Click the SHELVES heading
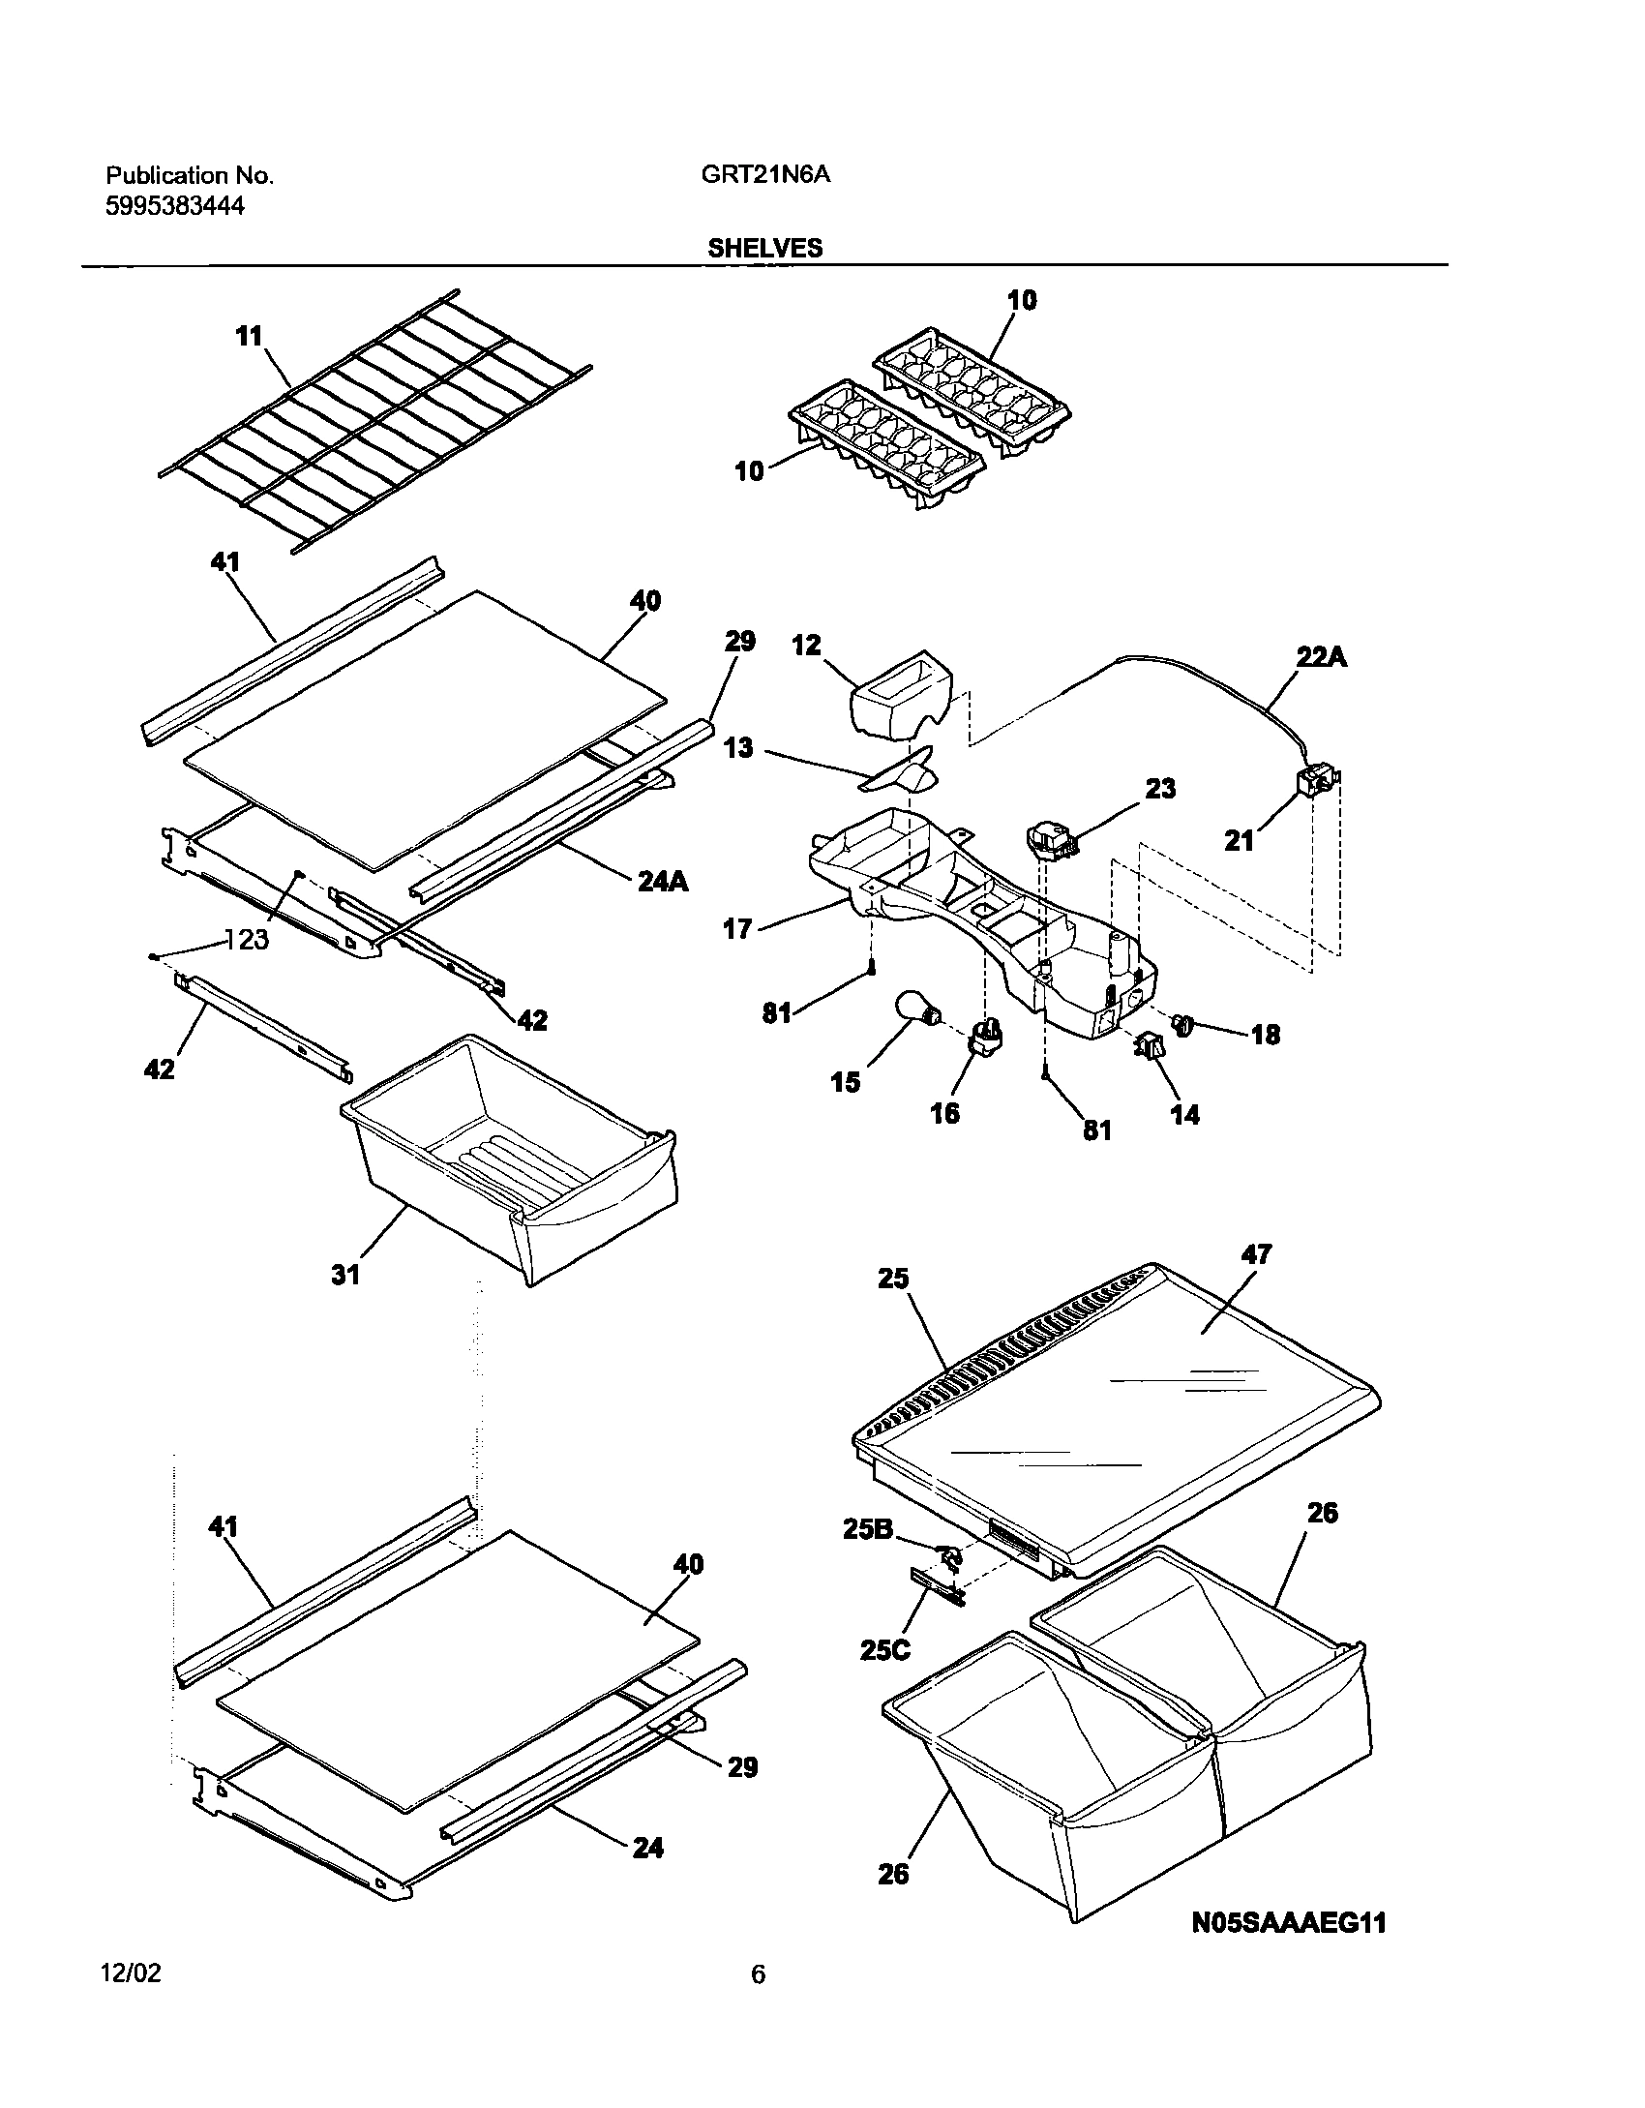[764, 248]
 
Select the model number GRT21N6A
[763, 175]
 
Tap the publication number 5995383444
[174, 206]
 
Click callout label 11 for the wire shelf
[249, 336]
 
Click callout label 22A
[1322, 657]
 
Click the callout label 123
[246, 939]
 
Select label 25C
[884, 1650]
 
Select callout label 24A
[663, 881]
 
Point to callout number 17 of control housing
[737, 929]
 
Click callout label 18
[1265, 1035]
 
